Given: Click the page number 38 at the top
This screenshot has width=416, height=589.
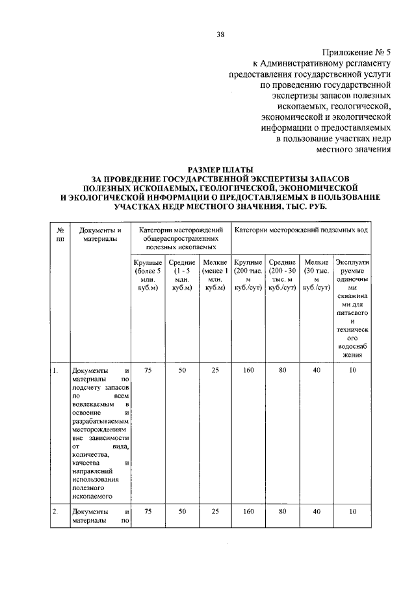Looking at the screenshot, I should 220,34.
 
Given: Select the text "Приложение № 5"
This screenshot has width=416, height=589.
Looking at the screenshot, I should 356,53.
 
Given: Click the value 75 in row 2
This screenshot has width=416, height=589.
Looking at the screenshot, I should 148,512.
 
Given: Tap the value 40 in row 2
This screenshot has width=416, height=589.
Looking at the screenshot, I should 316,512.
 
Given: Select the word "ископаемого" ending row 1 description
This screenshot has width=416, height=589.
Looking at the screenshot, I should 90,496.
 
